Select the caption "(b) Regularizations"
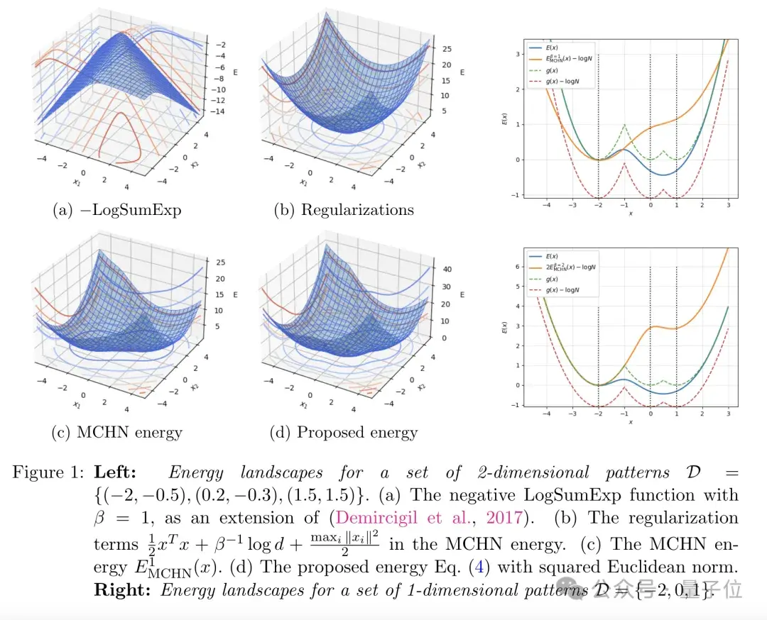pos(343,210)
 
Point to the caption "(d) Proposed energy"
pos(344,432)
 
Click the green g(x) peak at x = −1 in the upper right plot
pos(624,125)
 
